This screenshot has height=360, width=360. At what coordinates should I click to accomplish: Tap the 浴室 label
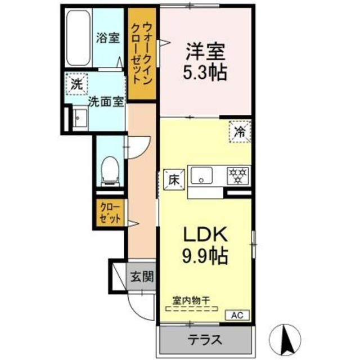tap(108, 38)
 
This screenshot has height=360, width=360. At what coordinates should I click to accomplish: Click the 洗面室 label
tap(106, 102)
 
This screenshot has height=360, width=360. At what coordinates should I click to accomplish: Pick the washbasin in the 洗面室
tap(79, 119)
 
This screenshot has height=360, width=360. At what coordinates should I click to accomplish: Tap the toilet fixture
tap(110, 169)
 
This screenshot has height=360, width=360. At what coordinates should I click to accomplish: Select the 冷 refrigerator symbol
tap(239, 132)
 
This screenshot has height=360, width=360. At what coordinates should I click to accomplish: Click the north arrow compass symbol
tap(285, 337)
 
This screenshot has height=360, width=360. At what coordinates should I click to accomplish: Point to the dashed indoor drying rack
tap(194, 309)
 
